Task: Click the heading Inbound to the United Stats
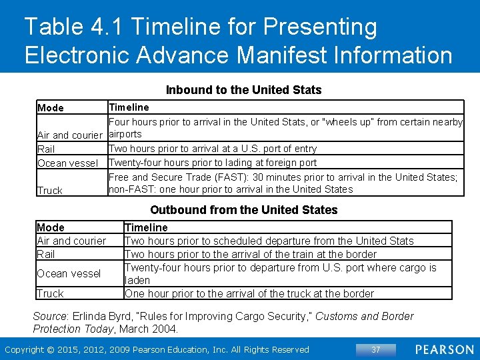pyautogui.click(x=243, y=89)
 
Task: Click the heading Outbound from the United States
pyautogui.click(x=243, y=209)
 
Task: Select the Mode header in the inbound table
pyautogui.click(x=51, y=108)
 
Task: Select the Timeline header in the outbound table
pyautogui.click(x=146, y=227)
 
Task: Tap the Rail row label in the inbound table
pyautogui.click(x=47, y=149)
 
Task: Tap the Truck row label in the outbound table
pyautogui.click(x=51, y=293)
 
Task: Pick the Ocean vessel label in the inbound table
pyautogui.click(x=68, y=163)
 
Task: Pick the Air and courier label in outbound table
pyautogui.click(x=71, y=241)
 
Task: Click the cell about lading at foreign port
pyautogui.click(x=213, y=162)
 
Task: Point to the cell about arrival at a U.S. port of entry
pyautogui.click(x=213, y=149)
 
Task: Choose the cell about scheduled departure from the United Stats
pyautogui.click(x=269, y=241)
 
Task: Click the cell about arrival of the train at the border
pyautogui.click(x=251, y=254)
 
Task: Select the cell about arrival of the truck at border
pyautogui.click(x=249, y=293)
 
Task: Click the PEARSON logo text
pyautogui.click(x=443, y=349)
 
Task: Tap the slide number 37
pyautogui.click(x=375, y=349)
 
